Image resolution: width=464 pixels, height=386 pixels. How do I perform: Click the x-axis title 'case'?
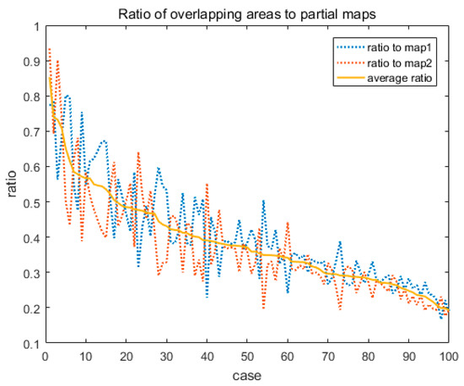(x=247, y=374)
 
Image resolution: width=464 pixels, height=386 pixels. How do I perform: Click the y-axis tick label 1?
(x=37, y=25)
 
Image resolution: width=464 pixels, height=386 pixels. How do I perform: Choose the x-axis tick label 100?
(x=449, y=356)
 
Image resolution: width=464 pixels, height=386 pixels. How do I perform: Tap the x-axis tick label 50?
(x=247, y=356)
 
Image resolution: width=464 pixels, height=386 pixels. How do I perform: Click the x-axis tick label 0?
(x=46, y=356)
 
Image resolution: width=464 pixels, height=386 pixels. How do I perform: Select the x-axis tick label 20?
(x=127, y=356)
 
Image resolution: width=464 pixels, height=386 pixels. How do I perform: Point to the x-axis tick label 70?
(x=328, y=356)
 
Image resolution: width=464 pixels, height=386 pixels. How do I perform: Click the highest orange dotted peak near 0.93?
(x=50, y=49)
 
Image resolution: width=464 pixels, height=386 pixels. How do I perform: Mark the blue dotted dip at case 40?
(x=207, y=297)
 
